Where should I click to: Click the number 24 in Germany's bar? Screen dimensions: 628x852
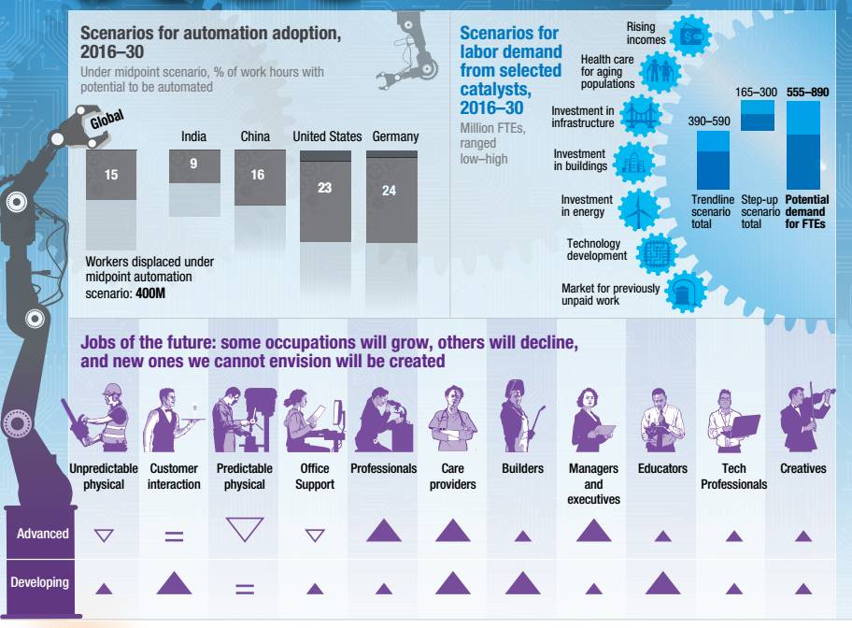(390, 191)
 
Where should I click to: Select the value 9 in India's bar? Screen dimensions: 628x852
(193, 164)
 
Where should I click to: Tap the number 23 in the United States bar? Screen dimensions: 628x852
(324, 188)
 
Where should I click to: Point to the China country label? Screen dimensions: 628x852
(255, 136)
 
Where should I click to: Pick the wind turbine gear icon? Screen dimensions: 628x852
(640, 207)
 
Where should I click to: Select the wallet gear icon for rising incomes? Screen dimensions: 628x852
(692, 35)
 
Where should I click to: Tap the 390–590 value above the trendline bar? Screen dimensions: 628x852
(710, 121)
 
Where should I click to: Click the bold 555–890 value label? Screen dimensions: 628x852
(808, 93)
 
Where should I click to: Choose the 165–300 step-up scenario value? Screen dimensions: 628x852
(757, 93)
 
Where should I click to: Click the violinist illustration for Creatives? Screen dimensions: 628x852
(803, 414)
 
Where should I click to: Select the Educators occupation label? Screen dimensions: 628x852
(662, 468)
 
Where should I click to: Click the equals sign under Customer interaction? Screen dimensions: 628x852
(174, 537)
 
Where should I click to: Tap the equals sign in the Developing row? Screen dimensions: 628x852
(245, 589)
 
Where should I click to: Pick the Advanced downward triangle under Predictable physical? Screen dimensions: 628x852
(245, 531)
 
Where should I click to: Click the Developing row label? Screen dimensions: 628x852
(39, 582)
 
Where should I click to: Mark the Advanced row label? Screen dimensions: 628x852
(42, 534)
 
